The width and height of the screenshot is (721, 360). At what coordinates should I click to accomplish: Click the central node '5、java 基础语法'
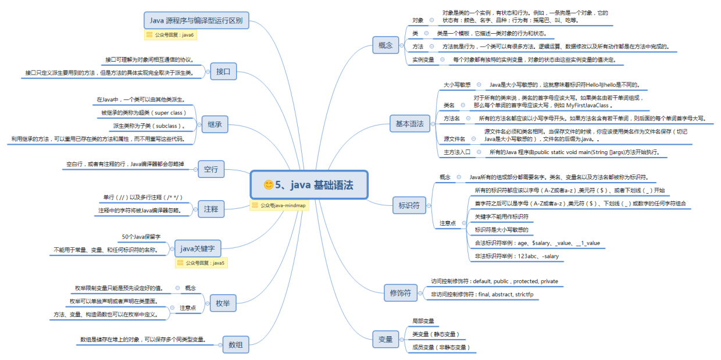(x=309, y=185)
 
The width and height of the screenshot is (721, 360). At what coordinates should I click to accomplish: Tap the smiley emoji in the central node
(x=269, y=185)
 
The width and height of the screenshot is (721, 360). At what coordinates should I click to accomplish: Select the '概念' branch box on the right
(x=385, y=45)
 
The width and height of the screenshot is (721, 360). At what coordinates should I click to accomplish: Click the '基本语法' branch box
(x=409, y=124)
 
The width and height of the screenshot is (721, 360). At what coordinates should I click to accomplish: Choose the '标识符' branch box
(x=409, y=205)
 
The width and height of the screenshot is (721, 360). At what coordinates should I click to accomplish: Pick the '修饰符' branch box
(x=400, y=293)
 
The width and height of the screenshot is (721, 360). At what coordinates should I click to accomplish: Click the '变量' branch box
(x=386, y=339)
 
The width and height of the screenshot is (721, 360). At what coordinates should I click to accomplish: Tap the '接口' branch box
(x=223, y=72)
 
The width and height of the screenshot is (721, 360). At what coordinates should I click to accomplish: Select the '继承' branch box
(x=214, y=124)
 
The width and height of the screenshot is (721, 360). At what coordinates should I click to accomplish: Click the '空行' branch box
(x=211, y=169)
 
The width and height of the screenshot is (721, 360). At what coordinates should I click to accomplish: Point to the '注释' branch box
(x=211, y=208)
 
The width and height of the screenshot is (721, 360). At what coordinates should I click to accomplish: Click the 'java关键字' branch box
(x=198, y=248)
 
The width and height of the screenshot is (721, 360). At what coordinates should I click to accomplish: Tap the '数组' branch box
(x=235, y=344)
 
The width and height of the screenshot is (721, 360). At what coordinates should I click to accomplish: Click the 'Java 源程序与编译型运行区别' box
(x=197, y=20)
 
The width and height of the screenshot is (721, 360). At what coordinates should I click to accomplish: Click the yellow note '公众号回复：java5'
(x=201, y=263)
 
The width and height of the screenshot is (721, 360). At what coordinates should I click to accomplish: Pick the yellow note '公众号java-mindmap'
(x=277, y=205)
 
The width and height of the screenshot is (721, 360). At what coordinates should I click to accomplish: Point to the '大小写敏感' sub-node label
(x=457, y=84)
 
